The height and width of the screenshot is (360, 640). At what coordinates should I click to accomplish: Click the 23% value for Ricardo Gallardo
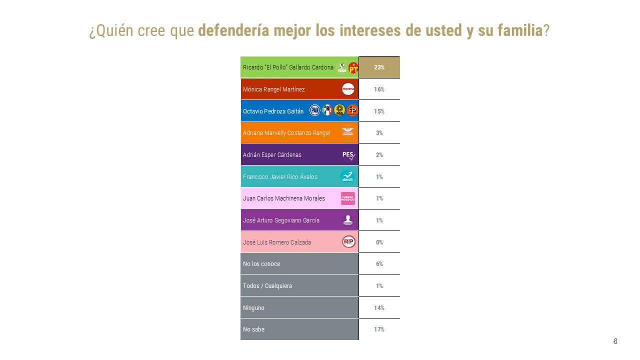(379, 67)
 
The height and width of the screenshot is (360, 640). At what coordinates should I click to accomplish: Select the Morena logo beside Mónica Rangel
(348, 89)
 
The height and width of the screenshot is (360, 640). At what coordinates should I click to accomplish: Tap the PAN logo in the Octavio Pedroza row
(314, 110)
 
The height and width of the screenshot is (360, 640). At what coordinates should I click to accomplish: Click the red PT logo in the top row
(353, 68)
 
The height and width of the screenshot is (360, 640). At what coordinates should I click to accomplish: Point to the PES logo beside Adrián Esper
(348, 155)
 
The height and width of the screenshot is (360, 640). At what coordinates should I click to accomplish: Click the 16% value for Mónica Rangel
(379, 89)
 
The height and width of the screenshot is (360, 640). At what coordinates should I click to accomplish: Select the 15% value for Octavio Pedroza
(379, 111)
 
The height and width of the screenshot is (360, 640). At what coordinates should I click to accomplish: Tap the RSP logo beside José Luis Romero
(348, 242)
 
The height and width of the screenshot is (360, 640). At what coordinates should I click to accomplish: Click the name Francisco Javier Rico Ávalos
(280, 177)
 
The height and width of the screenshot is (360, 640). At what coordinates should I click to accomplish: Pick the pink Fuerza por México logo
(348, 198)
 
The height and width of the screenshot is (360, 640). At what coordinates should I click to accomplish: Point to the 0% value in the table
(379, 242)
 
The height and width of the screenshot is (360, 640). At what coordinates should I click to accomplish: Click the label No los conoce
(261, 264)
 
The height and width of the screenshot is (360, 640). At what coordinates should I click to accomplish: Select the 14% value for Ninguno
(379, 308)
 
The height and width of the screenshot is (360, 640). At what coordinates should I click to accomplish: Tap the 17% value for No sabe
(379, 329)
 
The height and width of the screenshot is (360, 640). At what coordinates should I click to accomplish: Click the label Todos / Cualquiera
(267, 286)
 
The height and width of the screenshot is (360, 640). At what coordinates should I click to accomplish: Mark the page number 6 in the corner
(615, 341)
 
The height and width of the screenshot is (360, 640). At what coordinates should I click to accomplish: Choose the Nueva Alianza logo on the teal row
(347, 176)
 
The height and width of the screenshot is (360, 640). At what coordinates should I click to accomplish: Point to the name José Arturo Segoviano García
(281, 220)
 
